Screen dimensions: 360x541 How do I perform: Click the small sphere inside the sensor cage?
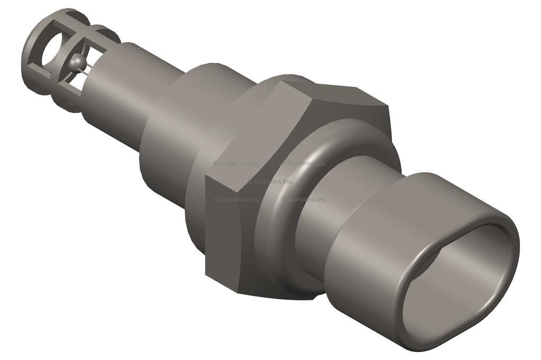78,62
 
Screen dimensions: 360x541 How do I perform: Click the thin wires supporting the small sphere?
89,66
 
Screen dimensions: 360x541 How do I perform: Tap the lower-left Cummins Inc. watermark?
236,200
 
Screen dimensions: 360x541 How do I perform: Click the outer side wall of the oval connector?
370,253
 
